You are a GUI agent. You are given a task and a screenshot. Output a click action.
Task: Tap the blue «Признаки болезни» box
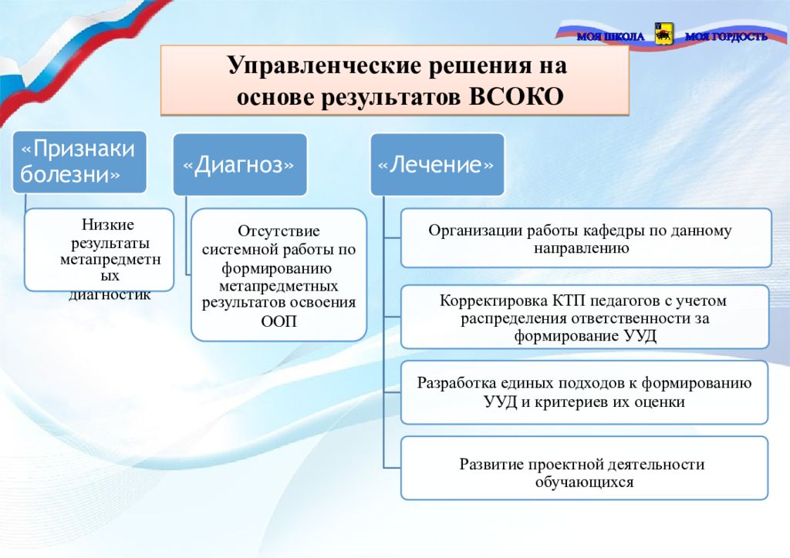click(x=78, y=162)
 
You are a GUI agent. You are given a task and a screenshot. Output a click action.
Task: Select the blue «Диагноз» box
click(x=239, y=165)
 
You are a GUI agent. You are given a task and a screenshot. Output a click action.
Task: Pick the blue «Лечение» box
click(x=437, y=165)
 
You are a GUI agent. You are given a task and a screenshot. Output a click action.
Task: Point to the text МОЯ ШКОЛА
click(x=609, y=36)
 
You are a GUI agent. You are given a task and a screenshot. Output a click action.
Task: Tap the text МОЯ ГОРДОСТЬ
click(x=726, y=36)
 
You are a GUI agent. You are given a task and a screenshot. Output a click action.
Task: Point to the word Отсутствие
click(x=279, y=231)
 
